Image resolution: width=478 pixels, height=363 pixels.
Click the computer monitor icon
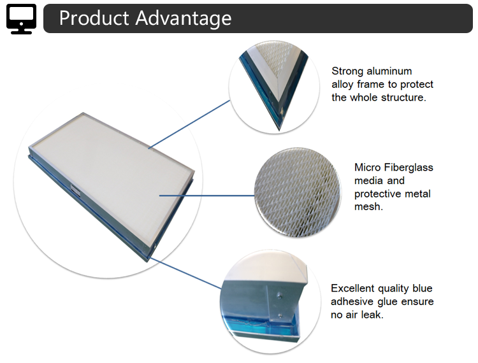[21, 18]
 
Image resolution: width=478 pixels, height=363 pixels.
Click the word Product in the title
[93, 18]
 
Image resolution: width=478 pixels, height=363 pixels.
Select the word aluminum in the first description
[386, 71]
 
